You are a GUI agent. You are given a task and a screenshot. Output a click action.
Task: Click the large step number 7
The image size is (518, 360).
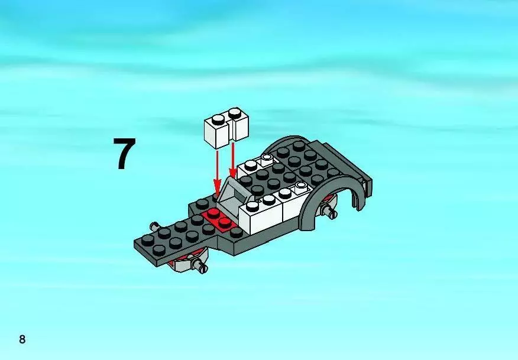tap(124, 154)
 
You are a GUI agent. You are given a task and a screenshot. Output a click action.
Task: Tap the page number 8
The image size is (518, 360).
tap(22, 339)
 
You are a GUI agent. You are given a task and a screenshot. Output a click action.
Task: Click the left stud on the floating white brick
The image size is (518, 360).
tap(218, 119)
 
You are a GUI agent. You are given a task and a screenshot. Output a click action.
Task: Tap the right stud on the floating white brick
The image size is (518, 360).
tap(235, 113)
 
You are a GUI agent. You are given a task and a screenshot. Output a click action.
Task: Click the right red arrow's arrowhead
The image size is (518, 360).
tap(233, 173)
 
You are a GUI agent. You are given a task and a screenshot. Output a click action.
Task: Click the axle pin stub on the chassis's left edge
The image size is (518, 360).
tap(154, 226)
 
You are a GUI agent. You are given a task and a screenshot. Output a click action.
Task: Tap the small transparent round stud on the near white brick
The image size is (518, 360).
tap(301, 186)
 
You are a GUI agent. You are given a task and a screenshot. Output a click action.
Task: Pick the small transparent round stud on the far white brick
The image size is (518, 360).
tap(266, 158)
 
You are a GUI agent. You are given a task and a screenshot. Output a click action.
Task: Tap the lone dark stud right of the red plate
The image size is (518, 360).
tap(236, 232)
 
